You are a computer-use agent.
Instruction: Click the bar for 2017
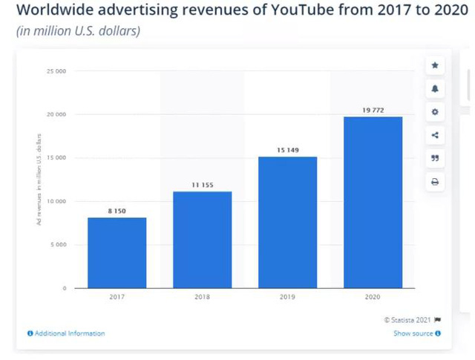click(x=117, y=252)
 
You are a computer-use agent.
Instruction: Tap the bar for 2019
click(x=287, y=222)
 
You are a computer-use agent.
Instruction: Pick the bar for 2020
click(x=373, y=202)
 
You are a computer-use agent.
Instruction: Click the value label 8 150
click(x=117, y=212)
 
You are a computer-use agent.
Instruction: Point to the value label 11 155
click(x=202, y=185)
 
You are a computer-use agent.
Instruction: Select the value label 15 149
click(x=287, y=151)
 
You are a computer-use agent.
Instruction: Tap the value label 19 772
click(x=373, y=110)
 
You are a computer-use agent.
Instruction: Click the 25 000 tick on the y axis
click(x=56, y=71)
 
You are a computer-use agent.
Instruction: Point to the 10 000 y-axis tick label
click(x=56, y=201)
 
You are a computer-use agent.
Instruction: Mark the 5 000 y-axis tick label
click(x=58, y=244)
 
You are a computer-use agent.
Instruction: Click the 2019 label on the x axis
click(x=287, y=297)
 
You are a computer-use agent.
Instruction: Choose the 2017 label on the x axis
click(x=117, y=297)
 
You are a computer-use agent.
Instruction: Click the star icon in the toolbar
click(x=435, y=65)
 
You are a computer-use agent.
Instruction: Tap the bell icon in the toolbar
click(x=435, y=88)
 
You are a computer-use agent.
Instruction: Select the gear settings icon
click(x=435, y=111)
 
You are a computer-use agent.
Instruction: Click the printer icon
click(x=435, y=181)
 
